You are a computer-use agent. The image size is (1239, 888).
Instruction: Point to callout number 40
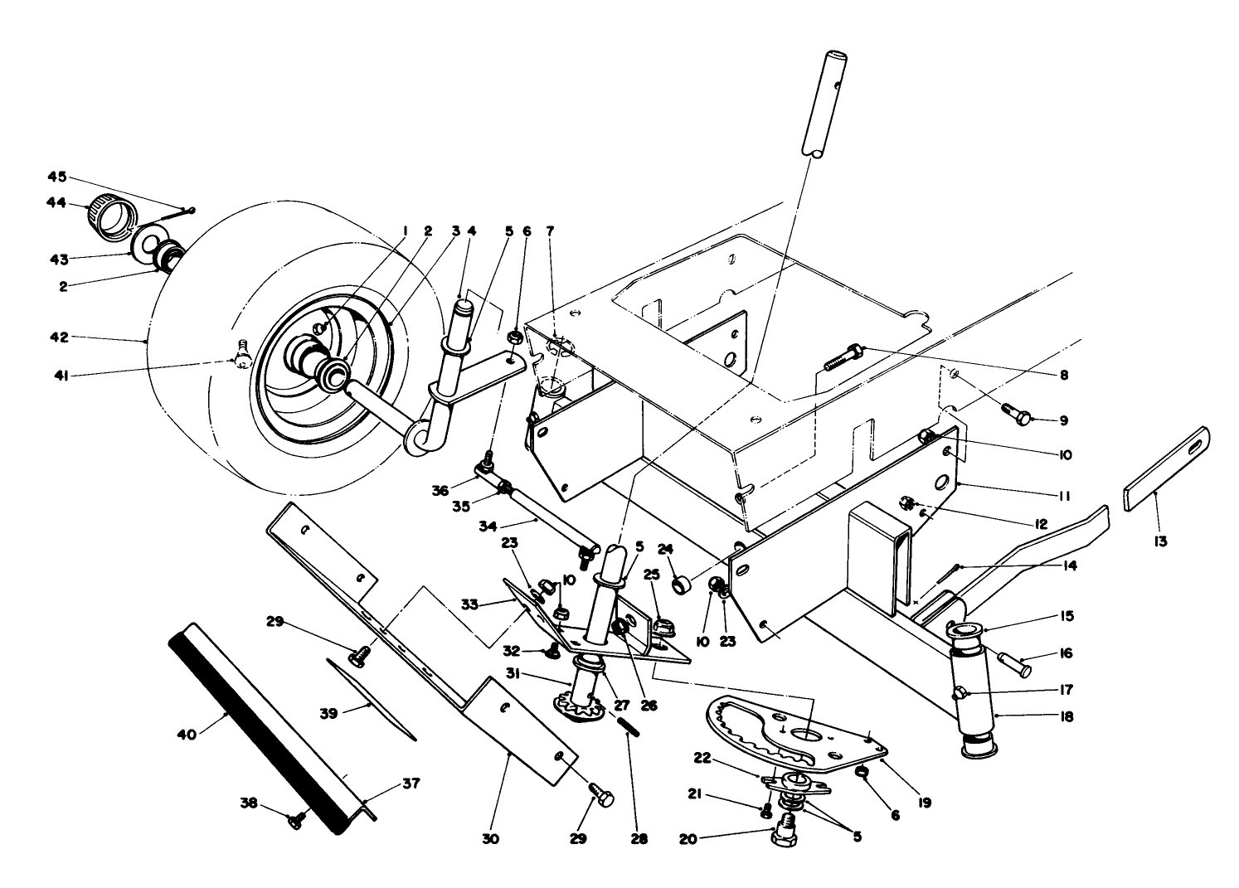pyautogui.click(x=187, y=735)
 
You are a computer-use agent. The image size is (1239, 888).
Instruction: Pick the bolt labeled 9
pyautogui.click(x=1016, y=413)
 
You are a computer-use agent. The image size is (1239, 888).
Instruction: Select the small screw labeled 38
pyautogui.click(x=296, y=819)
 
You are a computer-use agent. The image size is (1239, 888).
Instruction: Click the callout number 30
pyautogui.click(x=490, y=838)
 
